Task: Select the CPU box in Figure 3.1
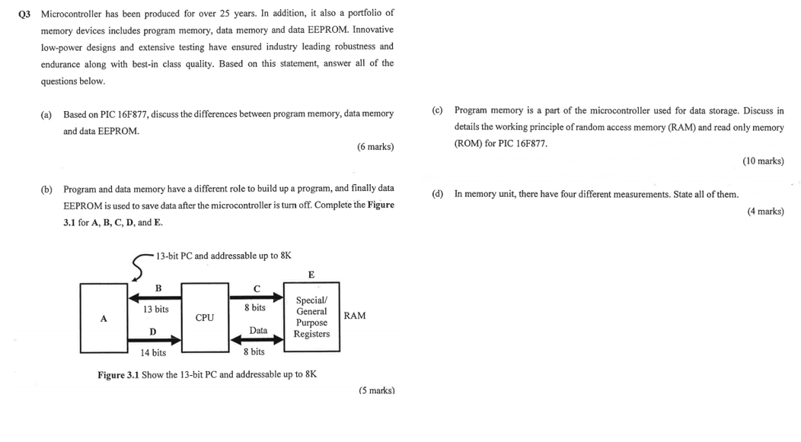coord(204,318)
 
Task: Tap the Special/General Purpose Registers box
coord(311,317)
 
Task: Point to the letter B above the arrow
coord(158,288)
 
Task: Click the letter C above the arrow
coord(256,288)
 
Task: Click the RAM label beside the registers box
coord(355,316)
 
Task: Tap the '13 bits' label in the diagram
coord(155,309)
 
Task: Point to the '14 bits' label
coord(153,352)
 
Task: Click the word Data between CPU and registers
coord(258,330)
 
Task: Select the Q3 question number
coord(26,14)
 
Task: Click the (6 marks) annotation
coord(375,146)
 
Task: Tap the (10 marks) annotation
coord(763,161)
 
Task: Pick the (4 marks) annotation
coord(765,211)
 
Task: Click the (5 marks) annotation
coord(376,390)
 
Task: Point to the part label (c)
coord(437,111)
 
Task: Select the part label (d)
coord(437,194)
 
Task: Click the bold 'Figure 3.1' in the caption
coord(118,374)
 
